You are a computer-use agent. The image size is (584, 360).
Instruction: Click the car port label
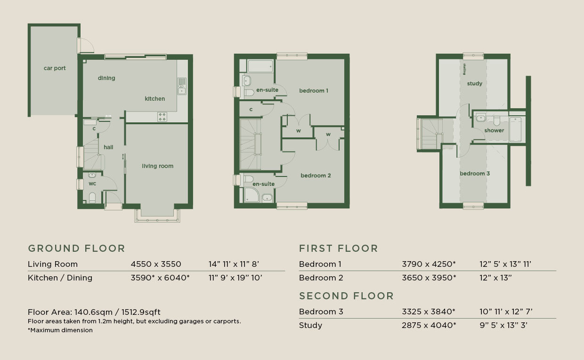click(x=55, y=68)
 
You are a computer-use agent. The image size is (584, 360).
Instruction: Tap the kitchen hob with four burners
click(x=162, y=117)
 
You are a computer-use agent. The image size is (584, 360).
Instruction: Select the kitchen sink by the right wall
click(x=182, y=86)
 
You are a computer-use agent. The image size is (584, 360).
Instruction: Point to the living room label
click(x=157, y=166)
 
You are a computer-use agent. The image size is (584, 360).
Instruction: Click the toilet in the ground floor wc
click(x=92, y=198)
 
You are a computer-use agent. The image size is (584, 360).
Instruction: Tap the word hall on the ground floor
click(x=108, y=147)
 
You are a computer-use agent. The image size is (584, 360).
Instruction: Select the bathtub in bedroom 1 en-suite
click(x=260, y=66)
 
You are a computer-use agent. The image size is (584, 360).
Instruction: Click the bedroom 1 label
click(x=314, y=91)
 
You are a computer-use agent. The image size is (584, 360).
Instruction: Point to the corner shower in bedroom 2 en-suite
click(x=251, y=195)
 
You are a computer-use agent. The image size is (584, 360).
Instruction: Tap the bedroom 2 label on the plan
click(x=316, y=176)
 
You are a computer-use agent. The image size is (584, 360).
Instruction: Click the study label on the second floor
click(x=475, y=84)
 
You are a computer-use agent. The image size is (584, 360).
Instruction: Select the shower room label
click(x=494, y=130)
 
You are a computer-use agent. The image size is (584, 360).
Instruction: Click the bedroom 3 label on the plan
click(x=475, y=174)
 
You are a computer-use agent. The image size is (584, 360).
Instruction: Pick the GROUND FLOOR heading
click(x=77, y=248)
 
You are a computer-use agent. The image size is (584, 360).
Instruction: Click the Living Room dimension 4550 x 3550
click(x=156, y=264)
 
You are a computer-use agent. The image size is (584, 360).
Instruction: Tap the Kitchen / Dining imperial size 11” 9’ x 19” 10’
click(x=235, y=278)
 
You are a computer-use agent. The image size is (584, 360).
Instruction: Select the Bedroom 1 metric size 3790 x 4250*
click(x=429, y=264)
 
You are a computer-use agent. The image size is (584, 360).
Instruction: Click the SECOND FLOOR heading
click(x=346, y=296)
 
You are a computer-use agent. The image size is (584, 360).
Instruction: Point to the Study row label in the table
click(x=310, y=325)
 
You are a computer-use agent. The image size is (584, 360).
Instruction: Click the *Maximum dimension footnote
click(x=60, y=330)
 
